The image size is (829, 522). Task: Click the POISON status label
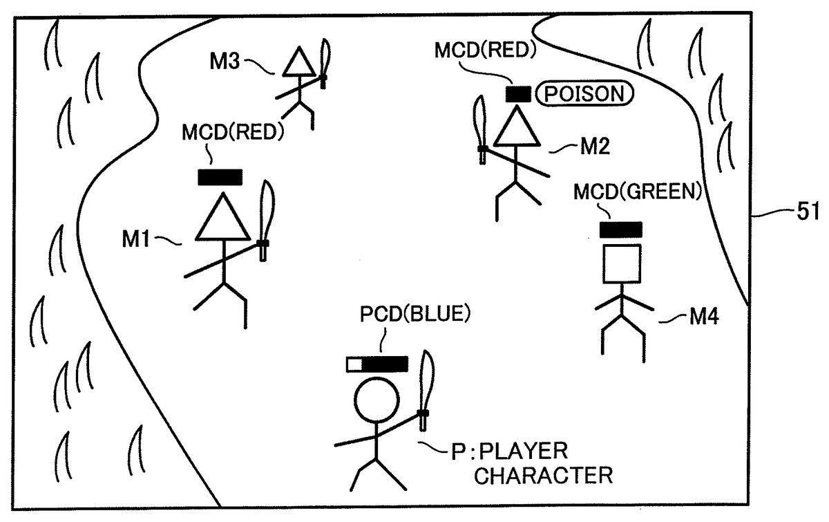(584, 93)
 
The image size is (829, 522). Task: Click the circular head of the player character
(377, 404)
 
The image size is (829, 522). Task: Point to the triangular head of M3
(299, 64)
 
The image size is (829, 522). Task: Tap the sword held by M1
(265, 218)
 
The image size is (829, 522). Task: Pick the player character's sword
(426, 390)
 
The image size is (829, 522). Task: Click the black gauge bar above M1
(220, 177)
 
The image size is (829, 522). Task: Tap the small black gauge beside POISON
(518, 93)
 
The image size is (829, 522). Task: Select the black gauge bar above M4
(621, 229)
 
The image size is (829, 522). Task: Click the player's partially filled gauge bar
(377, 364)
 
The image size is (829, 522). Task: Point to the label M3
(226, 62)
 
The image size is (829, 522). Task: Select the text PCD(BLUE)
(415, 315)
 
